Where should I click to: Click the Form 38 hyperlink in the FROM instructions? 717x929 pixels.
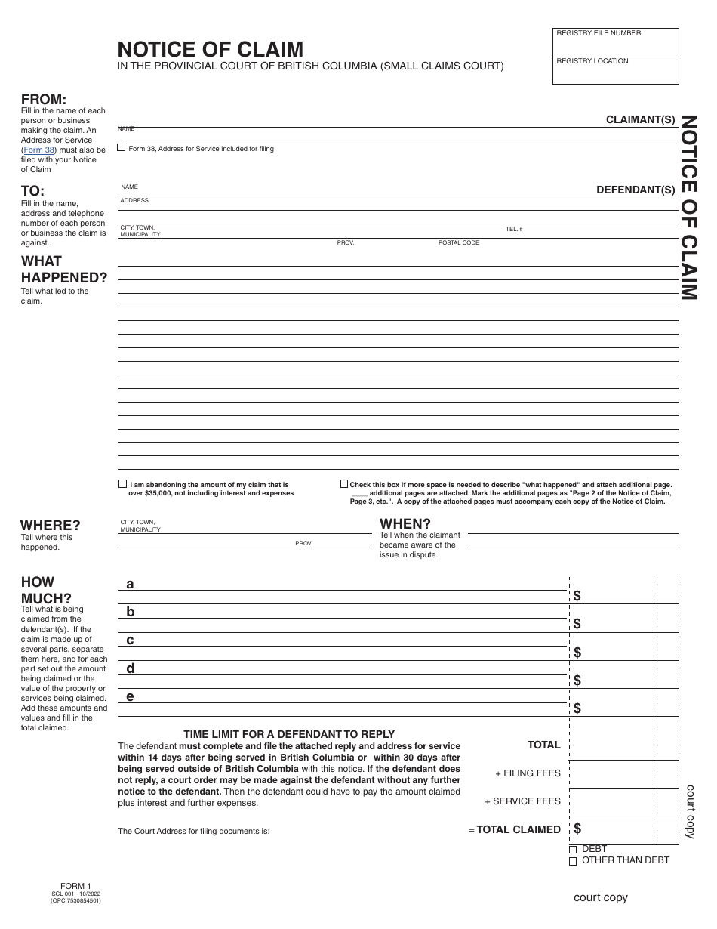tap(39, 150)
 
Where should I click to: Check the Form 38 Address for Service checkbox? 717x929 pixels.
tap(122, 148)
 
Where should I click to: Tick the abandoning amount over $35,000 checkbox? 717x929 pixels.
tap(122, 484)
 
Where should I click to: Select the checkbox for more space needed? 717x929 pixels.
tap(344, 484)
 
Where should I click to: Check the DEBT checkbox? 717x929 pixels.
tap(573, 850)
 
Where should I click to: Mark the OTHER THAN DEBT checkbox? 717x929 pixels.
tap(573, 860)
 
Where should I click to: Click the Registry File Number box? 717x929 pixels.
tap(615, 44)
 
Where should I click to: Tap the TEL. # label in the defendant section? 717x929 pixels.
tap(514, 229)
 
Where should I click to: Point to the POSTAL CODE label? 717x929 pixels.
tap(459, 243)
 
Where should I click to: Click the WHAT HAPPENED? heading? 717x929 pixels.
tap(63, 270)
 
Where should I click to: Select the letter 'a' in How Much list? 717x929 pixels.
tap(130, 584)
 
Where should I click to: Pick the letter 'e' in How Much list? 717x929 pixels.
tap(130, 696)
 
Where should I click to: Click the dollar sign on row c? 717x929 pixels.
tap(577, 652)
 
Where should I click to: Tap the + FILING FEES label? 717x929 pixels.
tap(528, 773)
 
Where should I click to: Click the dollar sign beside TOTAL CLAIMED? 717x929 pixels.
tap(577, 829)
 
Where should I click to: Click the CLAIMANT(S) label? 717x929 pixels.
tap(640, 119)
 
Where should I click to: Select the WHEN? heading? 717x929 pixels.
tap(405, 523)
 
